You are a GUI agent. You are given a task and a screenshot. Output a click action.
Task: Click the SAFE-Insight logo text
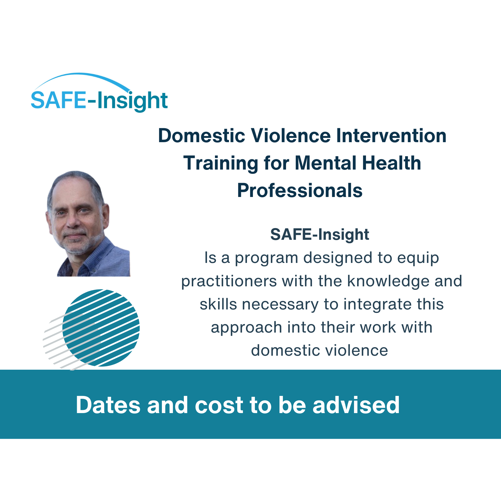point(99,101)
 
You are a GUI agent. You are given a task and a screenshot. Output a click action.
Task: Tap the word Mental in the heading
point(325,163)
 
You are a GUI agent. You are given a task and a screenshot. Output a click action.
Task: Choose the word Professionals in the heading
point(300,190)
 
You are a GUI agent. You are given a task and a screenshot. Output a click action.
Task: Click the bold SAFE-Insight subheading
point(319,235)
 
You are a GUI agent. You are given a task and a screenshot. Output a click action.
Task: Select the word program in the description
point(266,259)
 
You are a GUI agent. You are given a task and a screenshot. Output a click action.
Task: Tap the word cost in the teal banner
point(219,405)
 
